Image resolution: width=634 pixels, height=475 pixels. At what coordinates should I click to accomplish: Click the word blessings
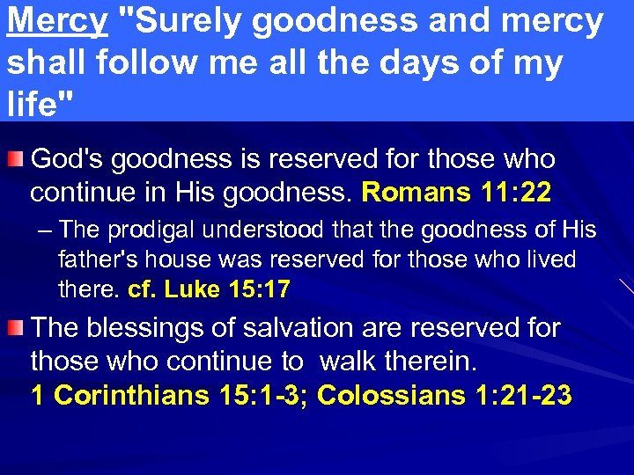click(x=154, y=328)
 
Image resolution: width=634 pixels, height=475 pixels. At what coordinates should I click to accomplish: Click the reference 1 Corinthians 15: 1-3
click(x=170, y=395)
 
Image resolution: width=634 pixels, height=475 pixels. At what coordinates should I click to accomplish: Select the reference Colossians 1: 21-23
click(x=445, y=395)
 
